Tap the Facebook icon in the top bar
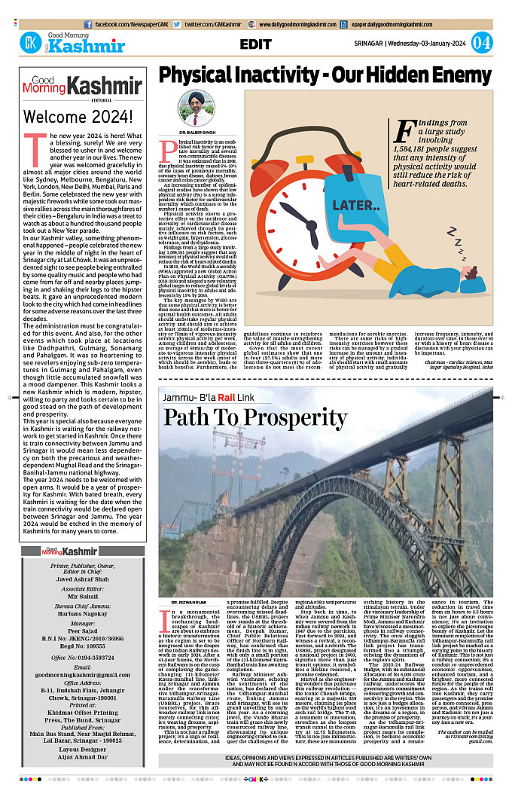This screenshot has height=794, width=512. coord(88,24)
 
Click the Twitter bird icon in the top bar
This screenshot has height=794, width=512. coord(178,24)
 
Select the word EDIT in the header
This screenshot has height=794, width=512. coord(257,44)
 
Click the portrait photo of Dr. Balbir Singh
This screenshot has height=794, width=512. coord(197,109)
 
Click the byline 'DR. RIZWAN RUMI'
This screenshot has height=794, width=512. coord(184,603)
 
